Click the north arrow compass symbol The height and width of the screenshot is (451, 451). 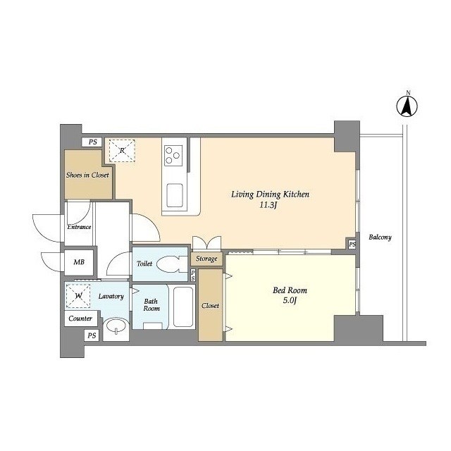point(407,106)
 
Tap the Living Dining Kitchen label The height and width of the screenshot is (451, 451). point(270,194)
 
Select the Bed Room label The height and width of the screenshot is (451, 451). point(290,290)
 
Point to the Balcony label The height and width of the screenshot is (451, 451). point(380,237)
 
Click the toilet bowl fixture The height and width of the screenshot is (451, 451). point(169,264)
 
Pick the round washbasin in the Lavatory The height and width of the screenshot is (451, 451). point(116,326)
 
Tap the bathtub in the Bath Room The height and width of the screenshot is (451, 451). point(183,307)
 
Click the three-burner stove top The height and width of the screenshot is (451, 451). point(173,155)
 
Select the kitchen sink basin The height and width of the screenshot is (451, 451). point(174,195)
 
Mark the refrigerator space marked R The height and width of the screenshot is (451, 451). point(122,150)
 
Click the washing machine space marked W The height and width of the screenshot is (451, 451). point(78,296)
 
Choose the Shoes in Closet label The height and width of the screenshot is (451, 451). point(87,175)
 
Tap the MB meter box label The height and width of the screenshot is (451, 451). point(79,262)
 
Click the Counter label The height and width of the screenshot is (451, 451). point(80,319)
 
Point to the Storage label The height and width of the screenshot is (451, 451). point(206,259)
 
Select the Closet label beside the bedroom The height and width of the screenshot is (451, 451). point(210,305)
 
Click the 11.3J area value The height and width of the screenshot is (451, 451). point(268,205)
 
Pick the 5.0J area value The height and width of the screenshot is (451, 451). point(290,301)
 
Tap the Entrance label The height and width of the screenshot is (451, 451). point(79,227)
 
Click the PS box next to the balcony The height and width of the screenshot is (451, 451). point(352,245)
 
